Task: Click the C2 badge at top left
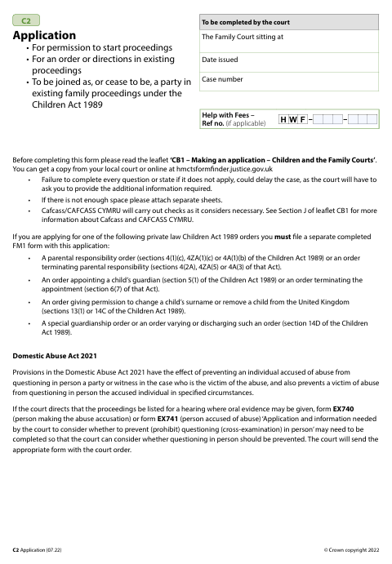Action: click(26, 20)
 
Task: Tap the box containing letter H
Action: click(283, 120)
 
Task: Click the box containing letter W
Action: click(293, 120)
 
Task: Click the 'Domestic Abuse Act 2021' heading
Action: click(55, 357)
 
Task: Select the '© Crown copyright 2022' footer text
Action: click(351, 552)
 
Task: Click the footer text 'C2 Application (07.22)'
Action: click(44, 552)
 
